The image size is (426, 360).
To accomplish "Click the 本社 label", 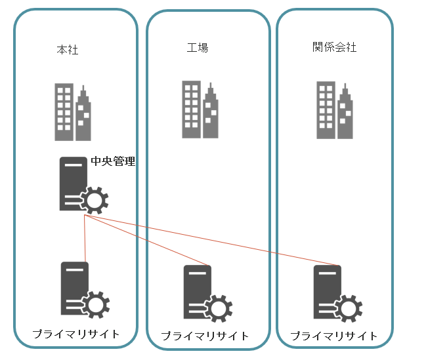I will [68, 49].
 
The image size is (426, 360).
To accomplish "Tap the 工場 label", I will [198, 47].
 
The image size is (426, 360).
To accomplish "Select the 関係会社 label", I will [335, 47].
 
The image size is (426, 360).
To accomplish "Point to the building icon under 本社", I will [73, 112].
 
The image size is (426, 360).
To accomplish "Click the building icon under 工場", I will [200, 110].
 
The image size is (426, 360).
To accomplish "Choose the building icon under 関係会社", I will [335, 110].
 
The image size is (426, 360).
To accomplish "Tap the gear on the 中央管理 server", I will [95, 199].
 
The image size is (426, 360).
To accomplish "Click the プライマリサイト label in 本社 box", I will [76, 334].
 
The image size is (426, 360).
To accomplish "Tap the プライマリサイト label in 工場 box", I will [205, 336].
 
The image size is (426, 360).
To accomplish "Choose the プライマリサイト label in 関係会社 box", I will [334, 336].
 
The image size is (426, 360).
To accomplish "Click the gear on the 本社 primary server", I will [96, 304].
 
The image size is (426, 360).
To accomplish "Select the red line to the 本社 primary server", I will [85, 239].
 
